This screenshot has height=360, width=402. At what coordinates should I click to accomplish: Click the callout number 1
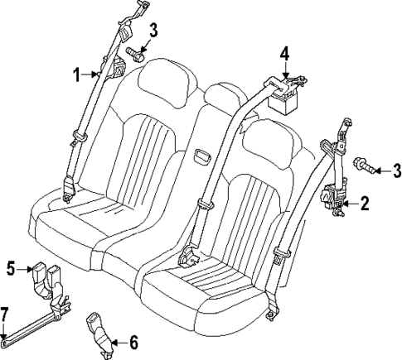click(75, 74)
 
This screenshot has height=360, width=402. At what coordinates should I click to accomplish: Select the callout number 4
click(284, 55)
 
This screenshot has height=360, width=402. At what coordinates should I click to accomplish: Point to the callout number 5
click(11, 267)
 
